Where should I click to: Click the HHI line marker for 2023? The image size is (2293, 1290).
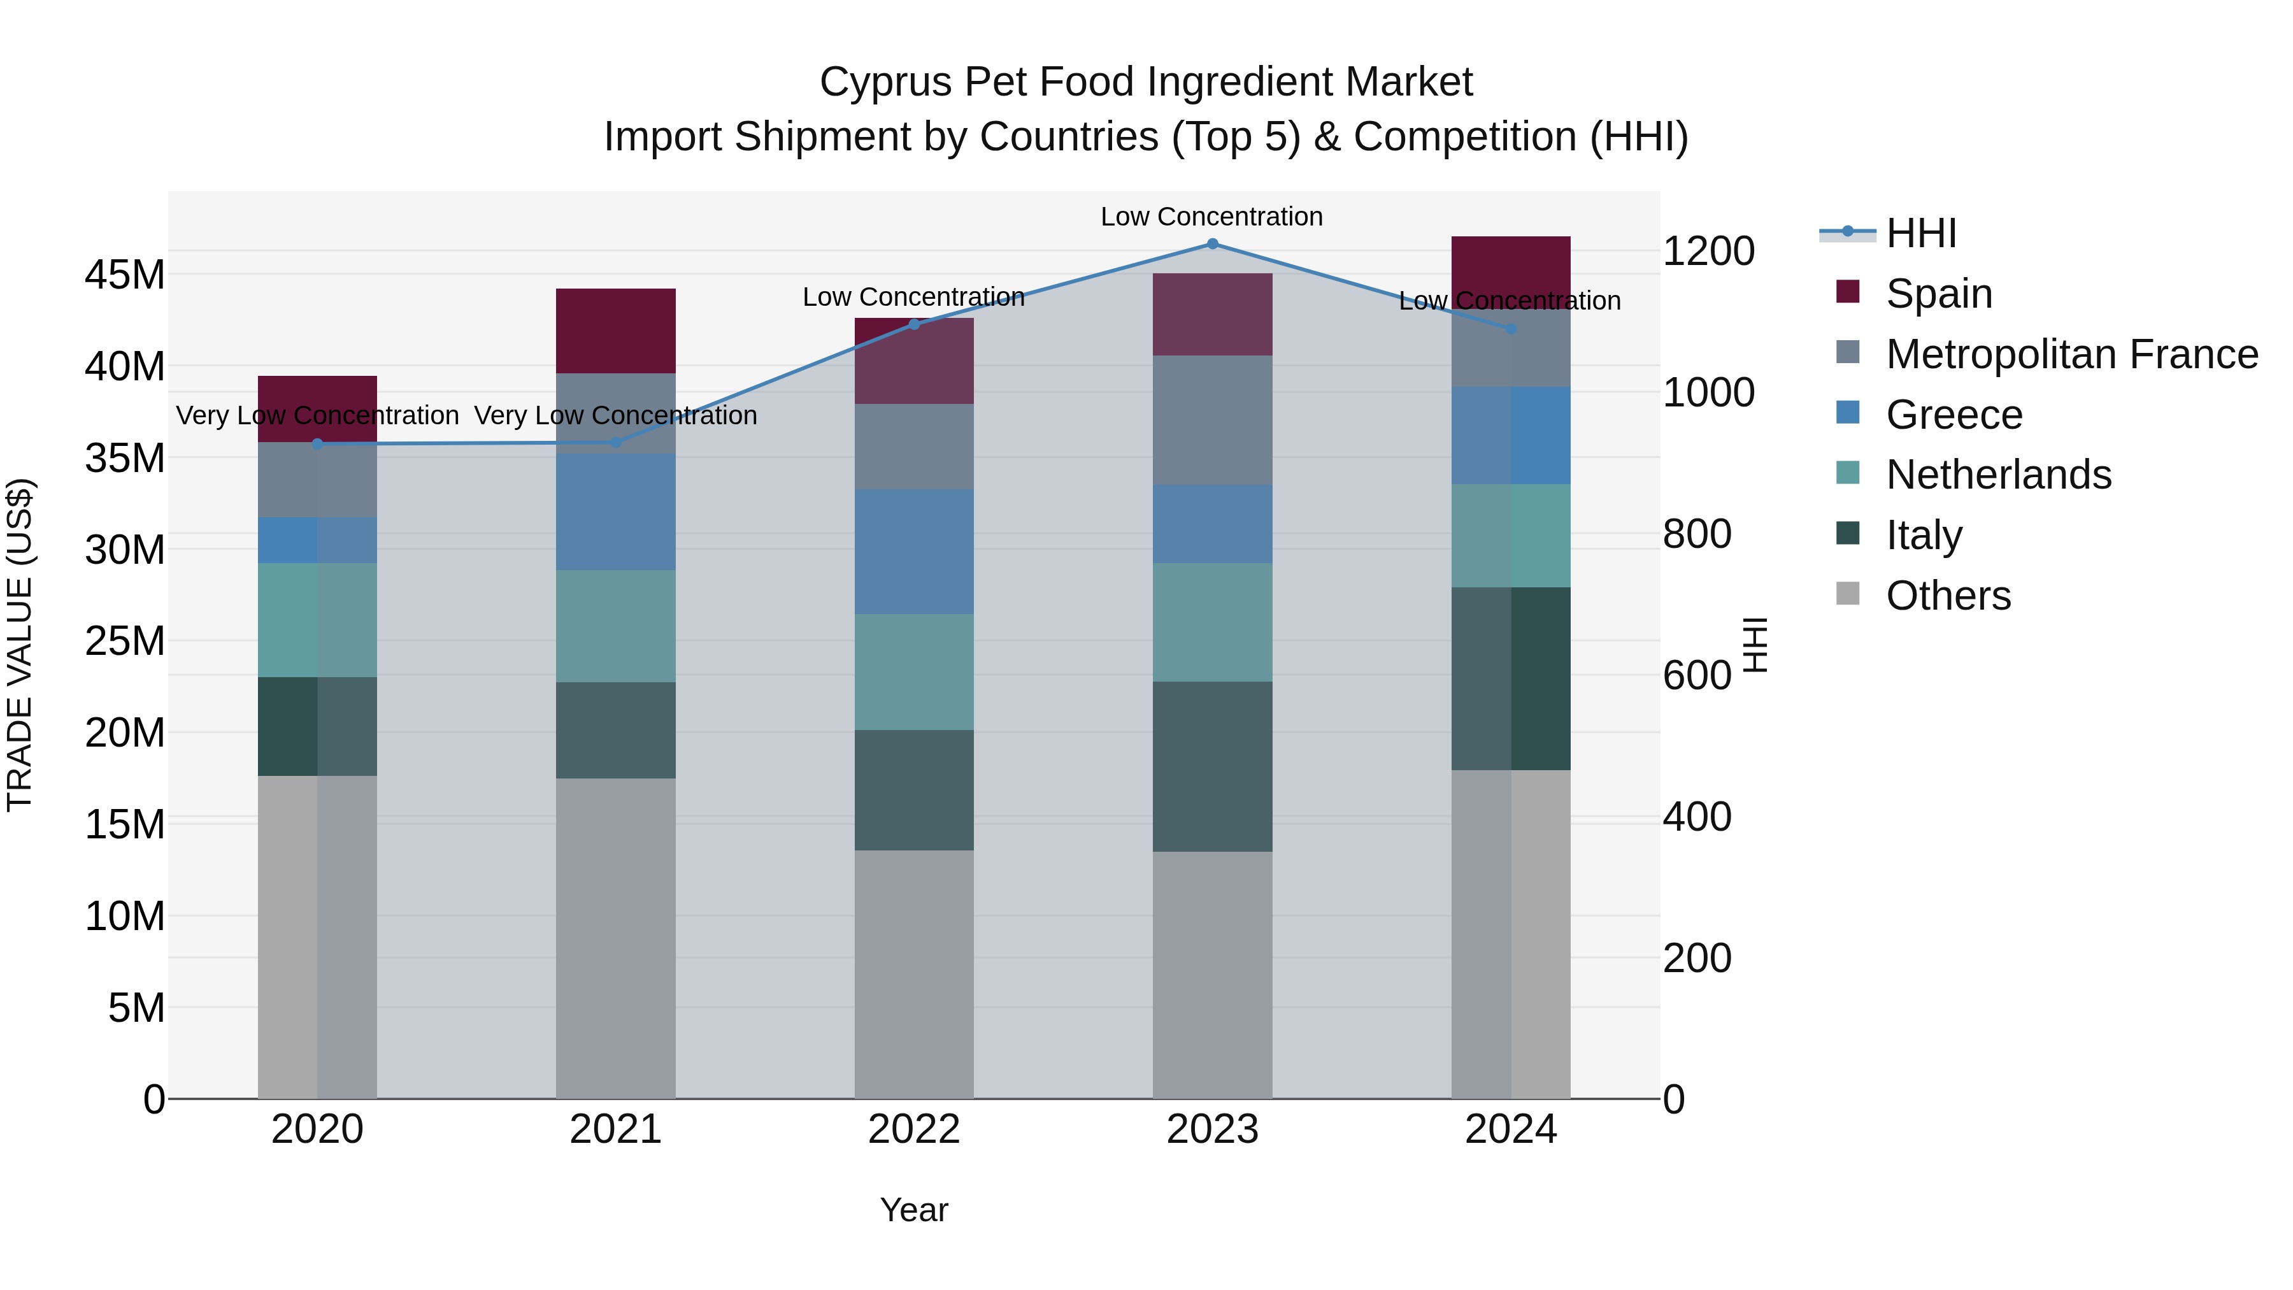(x=1212, y=244)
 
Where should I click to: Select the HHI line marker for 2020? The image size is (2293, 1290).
(x=317, y=443)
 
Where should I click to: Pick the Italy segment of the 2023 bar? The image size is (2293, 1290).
(x=1212, y=766)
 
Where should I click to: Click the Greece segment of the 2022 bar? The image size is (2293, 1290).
(x=914, y=551)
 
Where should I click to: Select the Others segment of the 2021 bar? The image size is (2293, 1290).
(x=615, y=938)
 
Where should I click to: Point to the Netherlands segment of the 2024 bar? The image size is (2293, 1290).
(x=1511, y=536)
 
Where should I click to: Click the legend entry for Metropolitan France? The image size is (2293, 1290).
(x=2071, y=354)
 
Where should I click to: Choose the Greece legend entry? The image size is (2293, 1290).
(x=1954, y=415)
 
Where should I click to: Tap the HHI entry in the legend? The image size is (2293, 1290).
(x=1921, y=233)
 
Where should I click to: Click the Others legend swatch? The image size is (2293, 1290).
(x=1848, y=594)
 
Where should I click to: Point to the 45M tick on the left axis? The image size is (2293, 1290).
(x=125, y=275)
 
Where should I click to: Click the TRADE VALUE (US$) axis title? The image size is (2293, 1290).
(x=20, y=645)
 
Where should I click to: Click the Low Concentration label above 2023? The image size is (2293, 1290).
(x=1211, y=217)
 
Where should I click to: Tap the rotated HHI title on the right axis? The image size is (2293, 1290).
(x=1755, y=645)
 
